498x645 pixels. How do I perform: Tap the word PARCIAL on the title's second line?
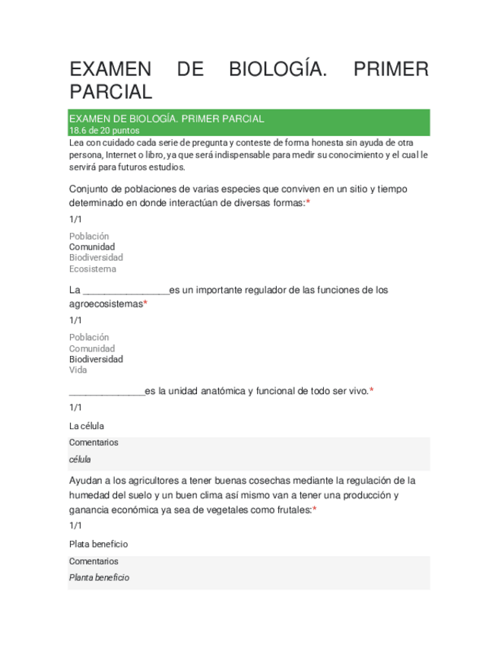coord(111,92)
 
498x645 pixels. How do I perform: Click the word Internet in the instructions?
coord(114,154)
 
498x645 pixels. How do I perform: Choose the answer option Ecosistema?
coord(93,268)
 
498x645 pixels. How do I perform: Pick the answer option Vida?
coord(78,370)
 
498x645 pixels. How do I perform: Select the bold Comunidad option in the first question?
coord(92,247)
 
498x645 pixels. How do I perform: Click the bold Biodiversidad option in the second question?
coord(96,359)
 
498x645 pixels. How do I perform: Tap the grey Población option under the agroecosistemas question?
coord(89,337)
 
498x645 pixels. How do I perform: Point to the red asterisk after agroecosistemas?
coord(145,303)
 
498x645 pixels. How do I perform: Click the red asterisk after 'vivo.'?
coord(371,391)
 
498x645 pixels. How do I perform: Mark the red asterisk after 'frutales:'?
coord(314,510)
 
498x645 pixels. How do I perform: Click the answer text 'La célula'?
coord(87,426)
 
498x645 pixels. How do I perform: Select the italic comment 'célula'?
coord(80,459)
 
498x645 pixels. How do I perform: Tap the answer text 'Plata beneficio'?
coord(98,544)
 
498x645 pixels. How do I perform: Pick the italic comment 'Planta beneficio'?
coord(99,577)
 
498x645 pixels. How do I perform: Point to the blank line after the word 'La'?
coord(125,291)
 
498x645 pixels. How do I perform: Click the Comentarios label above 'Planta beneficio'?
coord(94,561)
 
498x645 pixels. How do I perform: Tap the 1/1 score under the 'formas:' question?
coord(75,219)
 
